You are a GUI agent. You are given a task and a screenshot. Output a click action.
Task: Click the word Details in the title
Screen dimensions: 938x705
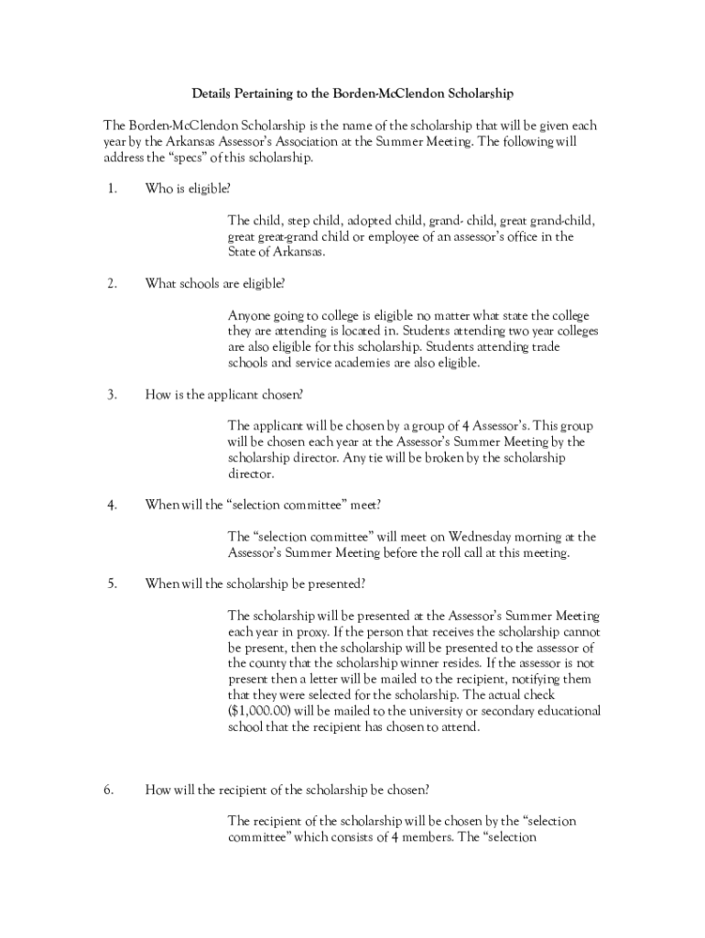pyautogui.click(x=211, y=93)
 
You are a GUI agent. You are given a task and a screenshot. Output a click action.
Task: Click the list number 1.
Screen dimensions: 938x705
pyautogui.click(x=111, y=189)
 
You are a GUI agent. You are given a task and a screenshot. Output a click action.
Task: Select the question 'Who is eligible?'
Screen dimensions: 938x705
pyautogui.click(x=188, y=189)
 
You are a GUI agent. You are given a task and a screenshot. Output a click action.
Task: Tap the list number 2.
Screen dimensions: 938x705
pyautogui.click(x=111, y=284)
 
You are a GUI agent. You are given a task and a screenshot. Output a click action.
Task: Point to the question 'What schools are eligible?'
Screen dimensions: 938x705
pyautogui.click(x=215, y=284)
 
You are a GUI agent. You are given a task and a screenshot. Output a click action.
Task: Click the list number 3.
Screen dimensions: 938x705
pyautogui.click(x=111, y=395)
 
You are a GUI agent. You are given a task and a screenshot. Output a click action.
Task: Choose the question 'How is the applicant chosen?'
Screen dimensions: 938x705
pyautogui.click(x=224, y=395)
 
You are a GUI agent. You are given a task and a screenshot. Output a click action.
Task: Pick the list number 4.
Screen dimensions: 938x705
pyautogui.click(x=111, y=505)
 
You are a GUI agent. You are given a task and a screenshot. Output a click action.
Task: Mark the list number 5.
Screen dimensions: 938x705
pyautogui.click(x=111, y=584)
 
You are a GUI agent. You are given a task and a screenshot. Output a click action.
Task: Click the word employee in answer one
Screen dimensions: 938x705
pyautogui.click(x=395, y=236)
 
